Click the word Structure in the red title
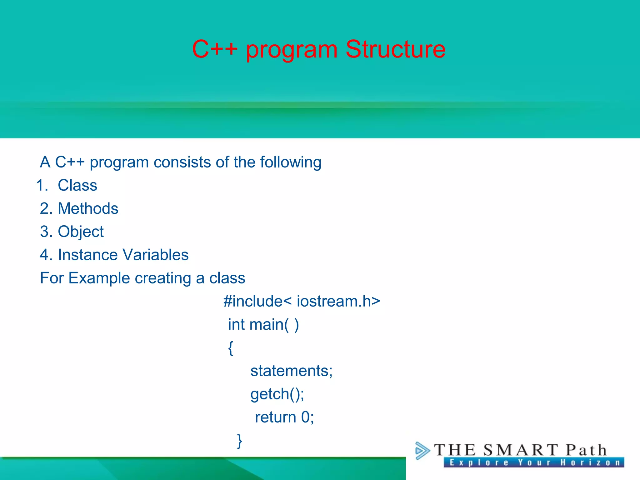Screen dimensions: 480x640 click(x=395, y=49)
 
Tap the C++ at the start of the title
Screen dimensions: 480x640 click(x=215, y=49)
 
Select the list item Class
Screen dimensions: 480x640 click(x=77, y=185)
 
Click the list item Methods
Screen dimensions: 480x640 click(x=88, y=208)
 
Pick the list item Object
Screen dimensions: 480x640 click(x=81, y=232)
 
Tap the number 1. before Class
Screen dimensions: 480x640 click(x=42, y=185)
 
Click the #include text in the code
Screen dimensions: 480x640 click(x=253, y=301)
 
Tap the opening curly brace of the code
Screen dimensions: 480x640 click(x=231, y=348)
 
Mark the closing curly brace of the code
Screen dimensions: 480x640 click(x=239, y=441)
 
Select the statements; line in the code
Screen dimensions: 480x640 click(x=291, y=371)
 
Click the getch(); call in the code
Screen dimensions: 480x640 click(x=277, y=394)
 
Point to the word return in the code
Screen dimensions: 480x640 click(x=275, y=417)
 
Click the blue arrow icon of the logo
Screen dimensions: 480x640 click(x=422, y=450)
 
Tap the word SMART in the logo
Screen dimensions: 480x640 click(x=521, y=450)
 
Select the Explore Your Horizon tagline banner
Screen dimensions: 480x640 click(x=534, y=462)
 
